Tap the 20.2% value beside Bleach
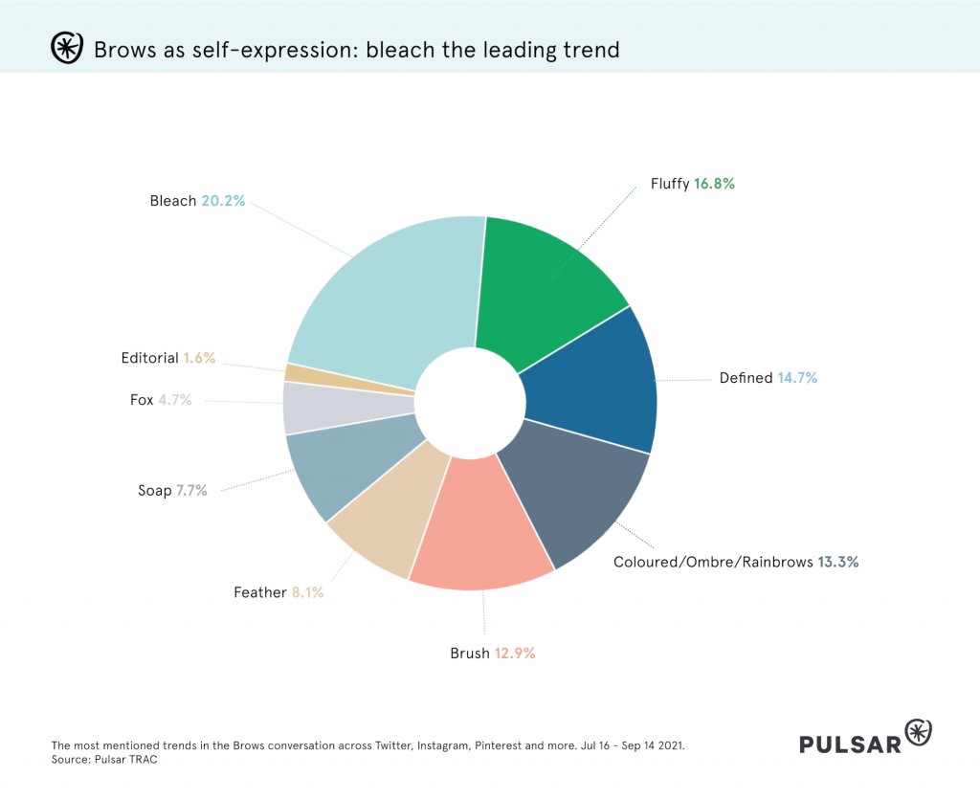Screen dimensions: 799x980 223,201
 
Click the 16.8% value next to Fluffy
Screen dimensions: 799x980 714,184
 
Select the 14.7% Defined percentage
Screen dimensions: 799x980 797,378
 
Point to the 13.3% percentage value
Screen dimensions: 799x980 837,562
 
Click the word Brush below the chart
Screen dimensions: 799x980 470,654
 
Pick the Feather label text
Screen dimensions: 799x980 260,592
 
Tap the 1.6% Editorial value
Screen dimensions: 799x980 199,358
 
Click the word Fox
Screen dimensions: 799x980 142,400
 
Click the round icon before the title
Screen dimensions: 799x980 66,48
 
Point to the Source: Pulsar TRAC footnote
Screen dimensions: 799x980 104,758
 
